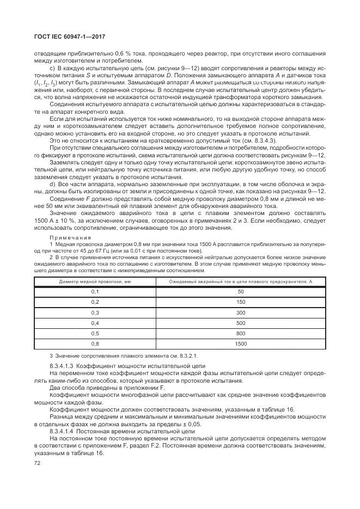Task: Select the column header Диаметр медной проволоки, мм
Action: [94, 281]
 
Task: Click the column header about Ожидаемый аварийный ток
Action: [241, 281]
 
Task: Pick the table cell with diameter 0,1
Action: [95, 292]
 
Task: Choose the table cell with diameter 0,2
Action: [95, 302]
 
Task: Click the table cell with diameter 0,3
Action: [95, 312]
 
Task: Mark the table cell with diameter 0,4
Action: [95, 323]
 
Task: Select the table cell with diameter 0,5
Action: [95, 333]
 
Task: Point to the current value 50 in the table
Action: [241, 292]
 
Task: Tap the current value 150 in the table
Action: [241, 302]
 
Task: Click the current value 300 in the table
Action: [241, 312]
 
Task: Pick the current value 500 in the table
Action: [241, 323]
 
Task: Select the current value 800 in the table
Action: [241, 333]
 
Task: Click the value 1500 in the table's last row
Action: [241, 344]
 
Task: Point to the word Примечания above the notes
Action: [68, 238]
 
